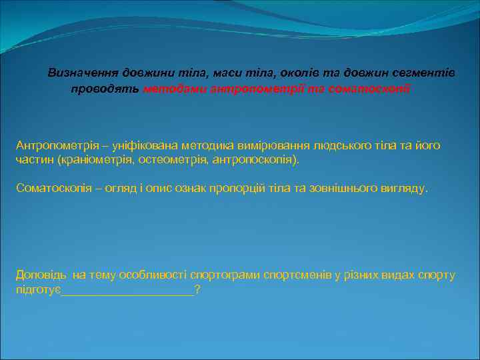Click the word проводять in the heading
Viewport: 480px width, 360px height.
pyautogui.click(x=105, y=89)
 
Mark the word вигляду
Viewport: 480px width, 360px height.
pyautogui.click(x=403, y=188)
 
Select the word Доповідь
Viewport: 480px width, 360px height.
pyautogui.click(x=41, y=275)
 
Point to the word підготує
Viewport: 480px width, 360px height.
pyautogui.click(x=38, y=290)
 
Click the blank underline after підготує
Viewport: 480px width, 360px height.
pyautogui.click(x=127, y=291)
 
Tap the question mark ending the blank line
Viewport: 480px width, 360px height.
pyautogui.click(x=197, y=290)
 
